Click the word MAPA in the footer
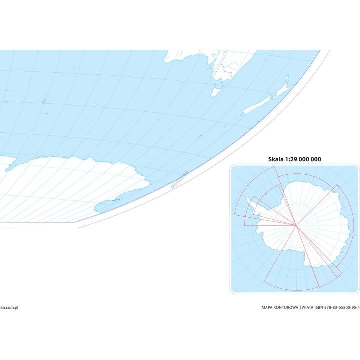click(x=269, y=308)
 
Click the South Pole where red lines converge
click(x=296, y=225)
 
